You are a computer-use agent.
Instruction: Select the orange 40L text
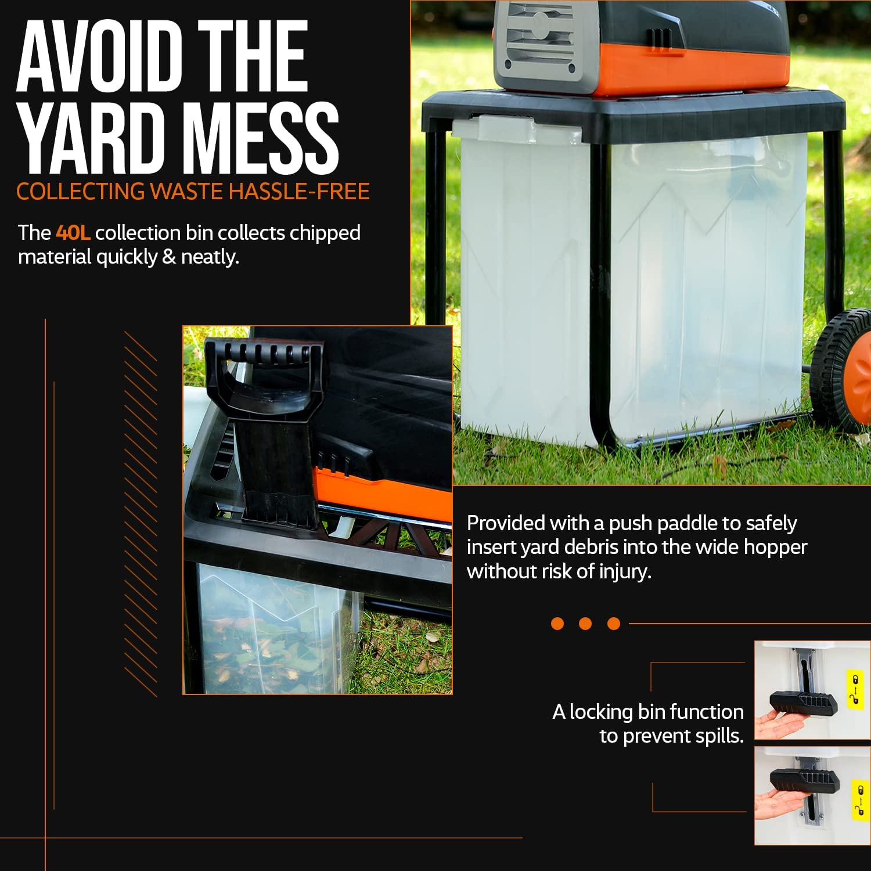pos(73,233)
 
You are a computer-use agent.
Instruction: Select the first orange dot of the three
pos(557,624)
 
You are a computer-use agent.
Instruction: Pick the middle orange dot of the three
pos(585,624)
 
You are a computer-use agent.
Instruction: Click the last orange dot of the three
pos(614,624)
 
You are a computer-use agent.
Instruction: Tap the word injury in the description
pos(625,572)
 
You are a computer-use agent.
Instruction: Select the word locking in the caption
pos(600,712)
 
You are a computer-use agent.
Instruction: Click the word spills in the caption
pos(719,736)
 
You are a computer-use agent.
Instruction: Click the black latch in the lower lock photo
pos(804,781)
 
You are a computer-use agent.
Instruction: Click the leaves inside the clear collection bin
pos(261,650)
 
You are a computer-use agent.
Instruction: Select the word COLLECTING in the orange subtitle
pos(81,192)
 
